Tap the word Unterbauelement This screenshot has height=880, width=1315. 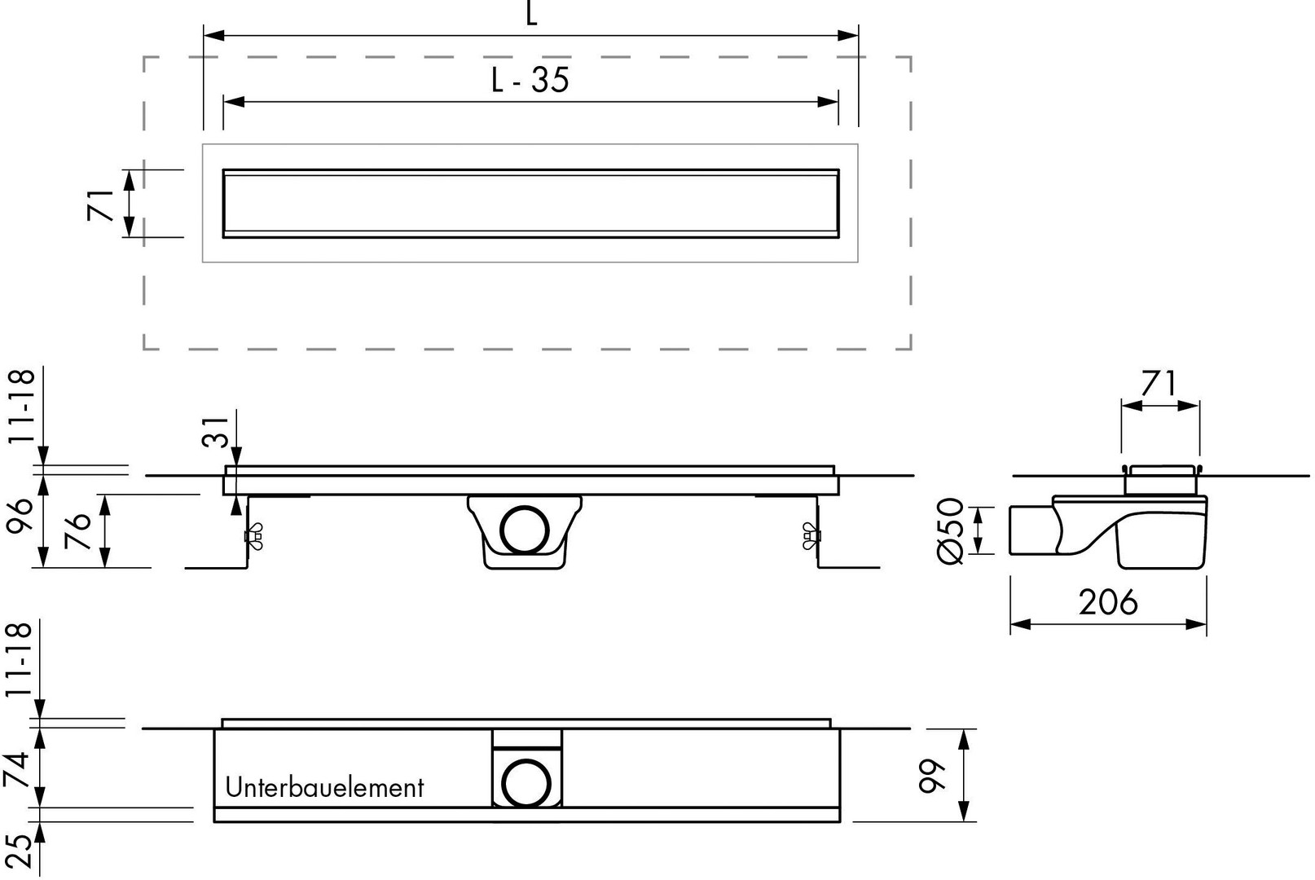(x=324, y=787)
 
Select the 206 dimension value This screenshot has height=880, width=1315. (x=1108, y=602)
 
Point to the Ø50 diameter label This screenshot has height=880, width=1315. (x=951, y=530)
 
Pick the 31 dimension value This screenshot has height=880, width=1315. (x=216, y=432)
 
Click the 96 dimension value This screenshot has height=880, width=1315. (x=19, y=516)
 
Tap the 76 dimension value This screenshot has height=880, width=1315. (x=77, y=530)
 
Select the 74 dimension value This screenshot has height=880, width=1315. (x=17, y=769)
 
